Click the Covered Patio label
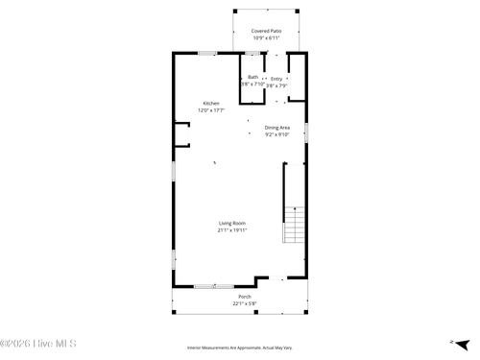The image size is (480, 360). pos(267,31)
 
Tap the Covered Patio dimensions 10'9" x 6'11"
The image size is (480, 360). pos(267,38)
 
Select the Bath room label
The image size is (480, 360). pos(252,78)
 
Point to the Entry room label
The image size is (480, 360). pos(276,79)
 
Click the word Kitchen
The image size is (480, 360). pos(211,104)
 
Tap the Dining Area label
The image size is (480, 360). pos(277,127)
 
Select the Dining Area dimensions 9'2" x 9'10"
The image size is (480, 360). pos(277,134)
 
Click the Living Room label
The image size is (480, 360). pos(232,223)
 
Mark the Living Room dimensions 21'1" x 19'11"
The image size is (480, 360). pos(232,230)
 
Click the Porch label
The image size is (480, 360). pos(245,297)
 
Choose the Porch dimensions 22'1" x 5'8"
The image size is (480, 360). pos(245,304)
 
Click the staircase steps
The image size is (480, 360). pos(295,227)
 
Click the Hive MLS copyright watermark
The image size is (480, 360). pos(38,343)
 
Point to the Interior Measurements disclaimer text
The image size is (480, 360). pos(240,348)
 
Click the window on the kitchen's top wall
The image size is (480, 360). pos(206,53)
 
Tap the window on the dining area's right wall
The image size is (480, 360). pos(306,132)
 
